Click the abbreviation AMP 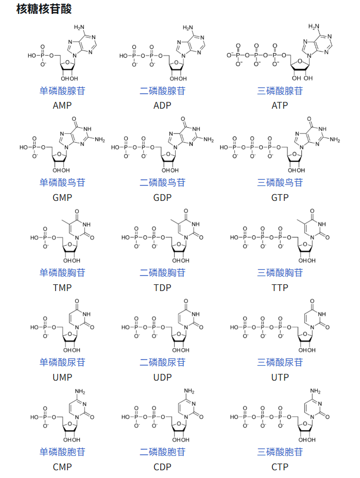click(x=62, y=105)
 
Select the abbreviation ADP click(x=163, y=105)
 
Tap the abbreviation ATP click(x=280, y=105)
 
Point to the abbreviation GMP click(x=62, y=197)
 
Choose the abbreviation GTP click(x=280, y=197)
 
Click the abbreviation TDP click(x=163, y=287)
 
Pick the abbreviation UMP click(x=62, y=377)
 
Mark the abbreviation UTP click(x=280, y=377)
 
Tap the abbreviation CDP click(x=163, y=467)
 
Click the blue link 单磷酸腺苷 click(x=62, y=91)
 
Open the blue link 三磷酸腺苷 click(x=280, y=91)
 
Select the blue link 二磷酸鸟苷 click(x=163, y=182)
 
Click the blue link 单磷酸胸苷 click(x=62, y=272)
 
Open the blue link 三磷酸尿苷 click(x=280, y=362)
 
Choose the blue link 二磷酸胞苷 click(x=163, y=452)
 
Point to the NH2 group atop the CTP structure click(x=315, y=391)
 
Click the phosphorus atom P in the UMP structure click(x=45, y=327)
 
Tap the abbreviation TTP click(x=280, y=287)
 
